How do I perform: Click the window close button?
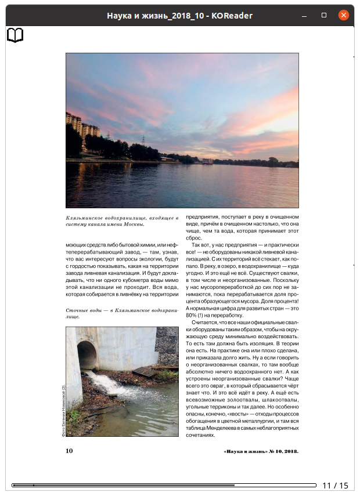343,15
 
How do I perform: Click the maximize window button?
324,15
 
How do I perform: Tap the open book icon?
15,35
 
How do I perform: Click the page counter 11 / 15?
335,486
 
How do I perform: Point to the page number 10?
69,450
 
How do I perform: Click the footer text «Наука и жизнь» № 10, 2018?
261,451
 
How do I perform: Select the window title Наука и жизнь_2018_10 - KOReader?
179,16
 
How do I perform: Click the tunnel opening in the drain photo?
87,355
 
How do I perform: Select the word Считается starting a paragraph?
205,322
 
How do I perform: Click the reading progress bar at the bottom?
163,485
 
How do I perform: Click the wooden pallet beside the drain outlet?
144,371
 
